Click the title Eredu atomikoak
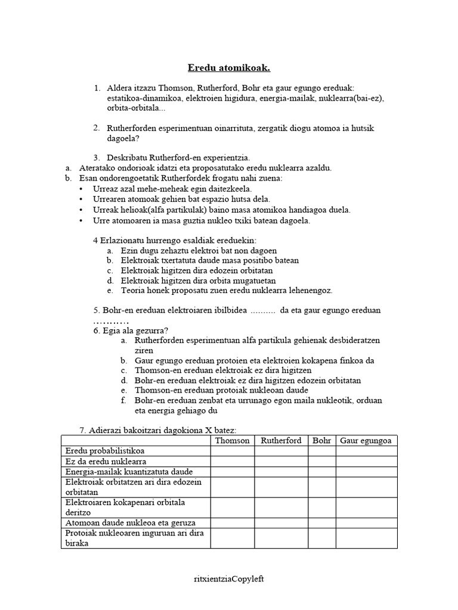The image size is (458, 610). (x=228, y=68)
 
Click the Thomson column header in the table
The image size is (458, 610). (x=232, y=441)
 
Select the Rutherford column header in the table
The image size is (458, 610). (x=281, y=441)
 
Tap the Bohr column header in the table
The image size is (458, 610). (x=321, y=441)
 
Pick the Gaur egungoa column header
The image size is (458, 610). (x=366, y=441)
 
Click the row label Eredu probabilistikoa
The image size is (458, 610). (x=105, y=451)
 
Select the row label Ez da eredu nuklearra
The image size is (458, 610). (x=106, y=462)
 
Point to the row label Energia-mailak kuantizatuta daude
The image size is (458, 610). (x=129, y=472)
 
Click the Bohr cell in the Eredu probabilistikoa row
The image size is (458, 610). (x=321, y=451)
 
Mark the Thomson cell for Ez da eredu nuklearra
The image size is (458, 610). (x=232, y=462)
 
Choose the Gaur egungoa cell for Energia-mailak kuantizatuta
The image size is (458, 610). (x=366, y=472)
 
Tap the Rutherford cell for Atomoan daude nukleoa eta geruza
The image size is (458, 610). (x=281, y=522)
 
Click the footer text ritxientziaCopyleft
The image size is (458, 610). (x=228, y=578)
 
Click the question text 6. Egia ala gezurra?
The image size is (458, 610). (x=131, y=331)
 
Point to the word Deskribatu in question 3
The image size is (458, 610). (x=127, y=158)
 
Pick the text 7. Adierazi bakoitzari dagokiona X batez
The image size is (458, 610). (x=158, y=431)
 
